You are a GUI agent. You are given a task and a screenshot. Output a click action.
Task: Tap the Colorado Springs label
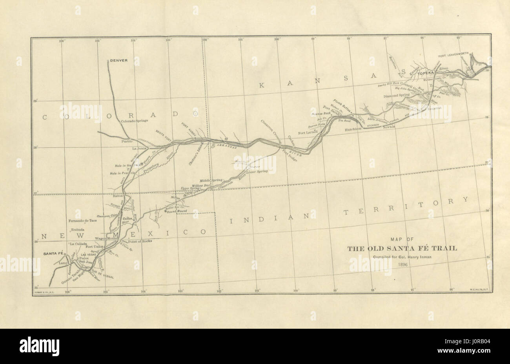[134, 121]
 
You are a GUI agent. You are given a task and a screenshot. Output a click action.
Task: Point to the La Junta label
[139, 148]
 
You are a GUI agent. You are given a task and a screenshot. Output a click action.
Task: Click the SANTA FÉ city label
[53, 254]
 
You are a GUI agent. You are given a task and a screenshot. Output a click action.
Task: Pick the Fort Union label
[95, 246]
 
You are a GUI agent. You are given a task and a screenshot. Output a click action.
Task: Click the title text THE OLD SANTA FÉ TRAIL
[402, 248]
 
